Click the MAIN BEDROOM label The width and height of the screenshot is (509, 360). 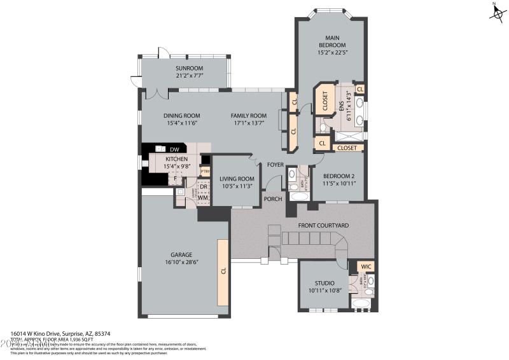[x=331, y=41]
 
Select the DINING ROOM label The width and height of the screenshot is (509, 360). [x=182, y=116]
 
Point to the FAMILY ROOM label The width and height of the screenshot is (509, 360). [x=248, y=116]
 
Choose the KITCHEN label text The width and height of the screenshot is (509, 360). [x=176, y=159]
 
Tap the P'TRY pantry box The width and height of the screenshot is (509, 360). [x=205, y=171]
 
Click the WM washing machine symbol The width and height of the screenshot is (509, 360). [x=204, y=198]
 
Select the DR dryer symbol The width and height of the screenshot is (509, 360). [x=204, y=186]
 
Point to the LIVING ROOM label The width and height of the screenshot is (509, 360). [x=237, y=179]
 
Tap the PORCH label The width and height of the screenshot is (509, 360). [x=273, y=198]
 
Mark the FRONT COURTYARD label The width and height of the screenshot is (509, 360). [x=324, y=225]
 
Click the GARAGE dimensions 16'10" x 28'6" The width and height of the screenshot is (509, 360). [x=180, y=262]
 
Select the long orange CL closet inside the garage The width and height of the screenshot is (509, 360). [x=223, y=271]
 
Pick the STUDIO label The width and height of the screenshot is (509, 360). [x=324, y=283]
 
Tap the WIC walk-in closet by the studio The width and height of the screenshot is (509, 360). [x=366, y=267]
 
